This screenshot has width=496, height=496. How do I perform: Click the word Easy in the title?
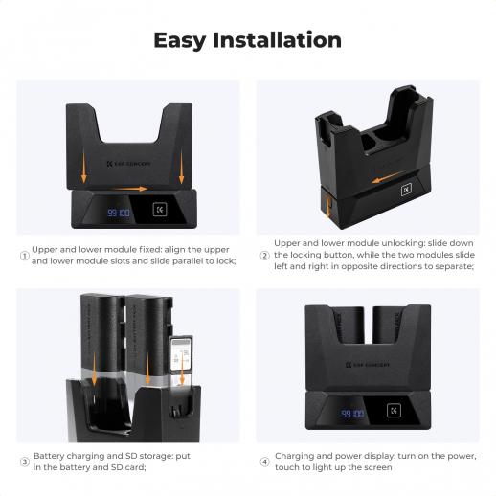[x=180, y=41]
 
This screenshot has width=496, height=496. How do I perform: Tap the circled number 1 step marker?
[x=25, y=256]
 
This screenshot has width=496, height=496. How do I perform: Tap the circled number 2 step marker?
[x=264, y=256]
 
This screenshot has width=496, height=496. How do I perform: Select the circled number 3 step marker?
[x=25, y=462]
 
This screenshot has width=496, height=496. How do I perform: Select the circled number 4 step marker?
[x=264, y=462]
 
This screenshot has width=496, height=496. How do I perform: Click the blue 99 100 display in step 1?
[x=119, y=213]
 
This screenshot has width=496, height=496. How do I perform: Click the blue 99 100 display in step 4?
[x=352, y=414]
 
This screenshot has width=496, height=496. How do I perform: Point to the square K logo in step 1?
[x=160, y=210]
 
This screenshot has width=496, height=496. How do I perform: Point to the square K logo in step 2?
[x=406, y=190]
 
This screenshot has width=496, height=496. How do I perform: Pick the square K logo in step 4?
[x=394, y=411]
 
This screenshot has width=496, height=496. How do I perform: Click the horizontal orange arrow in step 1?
[x=131, y=189]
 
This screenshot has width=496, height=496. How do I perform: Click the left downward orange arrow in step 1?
[x=84, y=168]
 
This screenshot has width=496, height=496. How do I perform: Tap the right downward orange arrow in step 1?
[x=181, y=168]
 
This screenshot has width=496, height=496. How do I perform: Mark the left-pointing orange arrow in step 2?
[x=388, y=177]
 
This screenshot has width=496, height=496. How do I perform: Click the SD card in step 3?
[x=181, y=353]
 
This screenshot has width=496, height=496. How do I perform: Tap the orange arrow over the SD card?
[x=182, y=368]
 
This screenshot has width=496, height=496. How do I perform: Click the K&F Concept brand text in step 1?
[x=128, y=164]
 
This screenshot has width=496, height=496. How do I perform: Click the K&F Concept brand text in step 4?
[x=368, y=365]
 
